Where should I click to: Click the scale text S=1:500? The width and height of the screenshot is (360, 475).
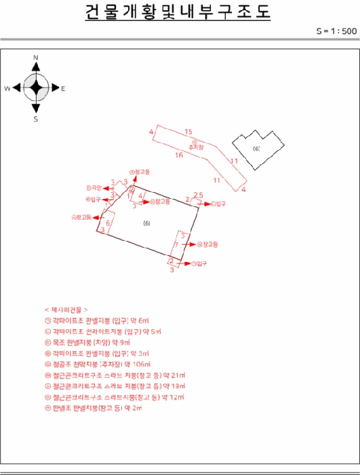336,31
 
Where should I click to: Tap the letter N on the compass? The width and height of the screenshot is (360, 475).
36,58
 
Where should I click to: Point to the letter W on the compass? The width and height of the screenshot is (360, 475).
7,88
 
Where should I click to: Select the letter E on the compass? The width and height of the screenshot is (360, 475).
63,88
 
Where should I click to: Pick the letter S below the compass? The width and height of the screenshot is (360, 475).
36,118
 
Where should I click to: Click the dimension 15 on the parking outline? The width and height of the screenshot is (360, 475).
188,131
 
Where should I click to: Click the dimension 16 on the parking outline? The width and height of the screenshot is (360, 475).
179,155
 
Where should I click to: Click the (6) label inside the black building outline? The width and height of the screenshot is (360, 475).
256,148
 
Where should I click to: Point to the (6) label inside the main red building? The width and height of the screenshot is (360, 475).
146,223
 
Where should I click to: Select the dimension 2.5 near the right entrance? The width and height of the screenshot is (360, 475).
198,195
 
